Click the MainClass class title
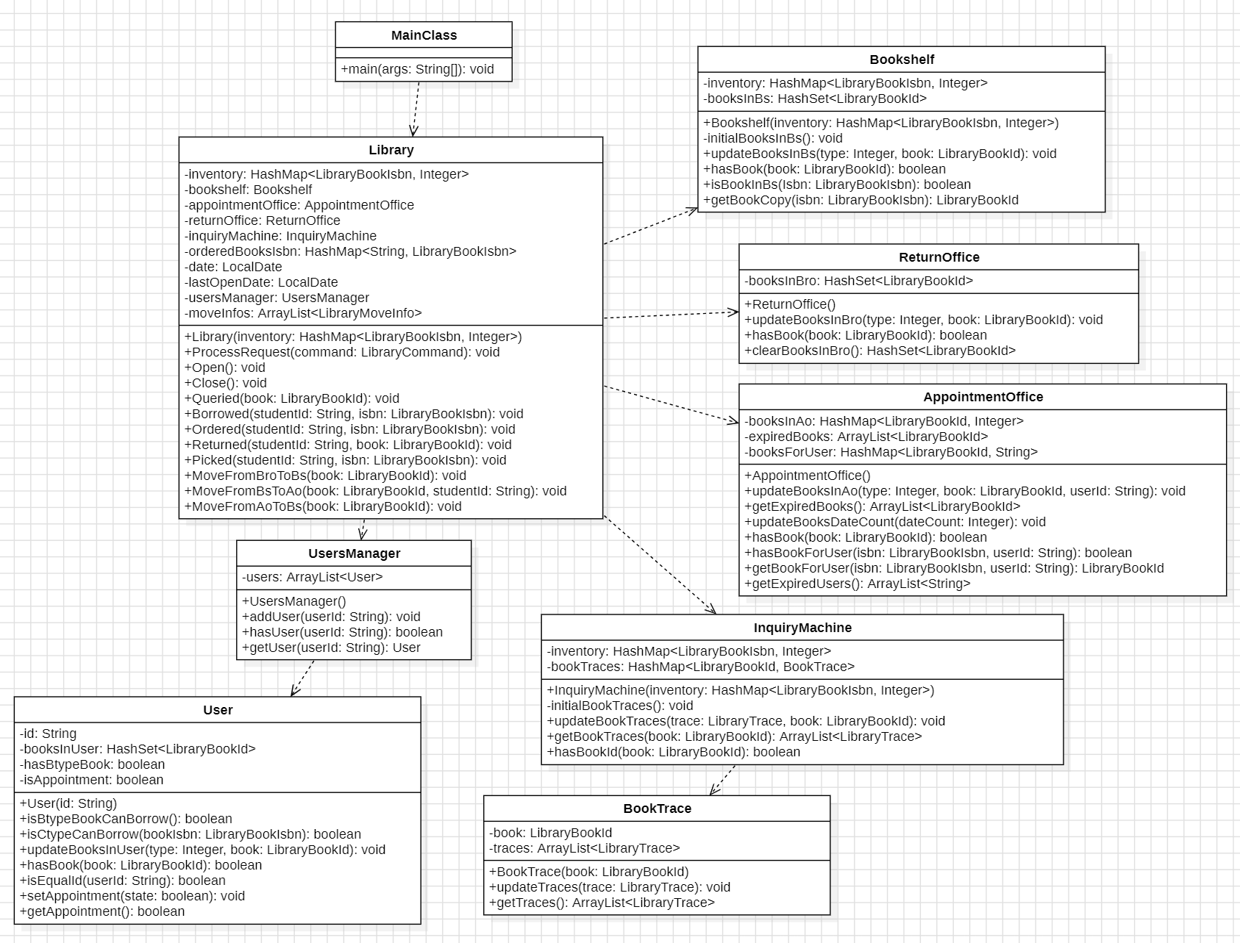tap(424, 35)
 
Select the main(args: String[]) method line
tap(417, 69)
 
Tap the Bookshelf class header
tap(901, 60)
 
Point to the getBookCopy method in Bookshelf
tap(860, 200)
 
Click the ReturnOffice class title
tap(938, 257)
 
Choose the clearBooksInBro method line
tap(880, 351)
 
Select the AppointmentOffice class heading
tap(983, 397)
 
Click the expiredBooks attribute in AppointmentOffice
tap(866, 437)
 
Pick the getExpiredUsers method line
tap(857, 584)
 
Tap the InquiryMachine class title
tap(802, 628)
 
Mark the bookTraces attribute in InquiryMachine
tap(700, 667)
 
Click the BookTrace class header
tap(657, 808)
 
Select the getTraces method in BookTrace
tap(602, 903)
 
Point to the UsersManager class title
tap(354, 553)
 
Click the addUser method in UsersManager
tap(331, 617)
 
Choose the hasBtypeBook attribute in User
tap(92, 764)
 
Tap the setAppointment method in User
tap(132, 896)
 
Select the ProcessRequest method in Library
tap(342, 352)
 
